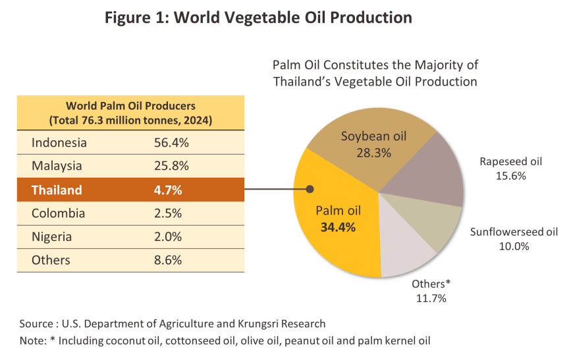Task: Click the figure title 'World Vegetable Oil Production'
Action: pyautogui.click(x=292, y=18)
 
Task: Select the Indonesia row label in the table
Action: pyautogui.click(x=59, y=142)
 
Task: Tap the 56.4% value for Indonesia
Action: pyautogui.click(x=171, y=142)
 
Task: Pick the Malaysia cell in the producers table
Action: pyautogui.click(x=57, y=166)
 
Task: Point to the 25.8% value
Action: pyautogui.click(x=171, y=166)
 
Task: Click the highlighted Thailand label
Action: pyautogui.click(x=57, y=190)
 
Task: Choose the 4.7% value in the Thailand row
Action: pyautogui.click(x=168, y=190)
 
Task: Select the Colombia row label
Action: pyautogui.click(x=58, y=213)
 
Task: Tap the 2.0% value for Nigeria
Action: pyautogui.click(x=168, y=236)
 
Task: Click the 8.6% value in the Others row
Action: pyautogui.click(x=168, y=260)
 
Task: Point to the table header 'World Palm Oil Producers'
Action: pyautogui.click(x=130, y=106)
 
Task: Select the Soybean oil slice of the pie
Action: pyautogui.click(x=369, y=146)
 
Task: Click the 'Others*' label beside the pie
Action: pyautogui.click(x=431, y=284)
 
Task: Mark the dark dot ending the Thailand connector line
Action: pyautogui.click(x=310, y=189)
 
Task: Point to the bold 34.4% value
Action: pyautogui.click(x=338, y=227)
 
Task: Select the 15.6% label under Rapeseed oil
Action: pyautogui.click(x=511, y=176)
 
